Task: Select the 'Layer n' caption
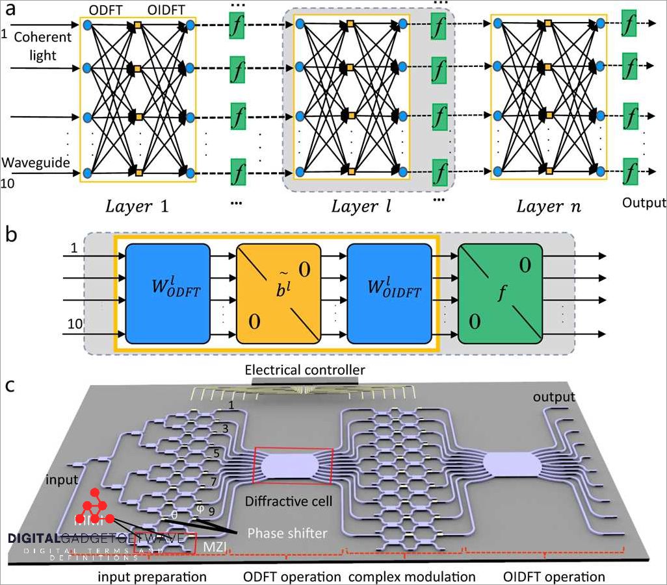(548, 207)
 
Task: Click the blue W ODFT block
(168, 293)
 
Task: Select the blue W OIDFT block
(389, 293)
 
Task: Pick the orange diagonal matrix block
(278, 293)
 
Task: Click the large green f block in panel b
(500, 293)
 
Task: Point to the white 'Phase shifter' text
(287, 532)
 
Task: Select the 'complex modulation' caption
(412, 576)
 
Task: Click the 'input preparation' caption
(152, 576)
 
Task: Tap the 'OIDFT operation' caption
(554, 576)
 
